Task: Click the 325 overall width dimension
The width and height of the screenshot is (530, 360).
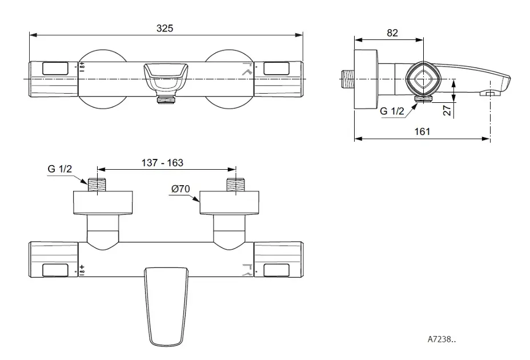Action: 164,28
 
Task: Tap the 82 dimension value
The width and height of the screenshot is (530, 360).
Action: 392,33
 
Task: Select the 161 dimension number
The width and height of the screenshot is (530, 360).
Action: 422,131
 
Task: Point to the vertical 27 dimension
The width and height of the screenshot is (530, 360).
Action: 447,110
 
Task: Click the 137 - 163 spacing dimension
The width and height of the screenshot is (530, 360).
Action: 162,163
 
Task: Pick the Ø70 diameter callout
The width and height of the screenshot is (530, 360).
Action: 180,189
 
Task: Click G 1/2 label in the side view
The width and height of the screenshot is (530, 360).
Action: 392,111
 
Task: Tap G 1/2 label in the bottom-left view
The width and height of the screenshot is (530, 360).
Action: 60,169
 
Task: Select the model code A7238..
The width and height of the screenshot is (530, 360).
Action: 441,339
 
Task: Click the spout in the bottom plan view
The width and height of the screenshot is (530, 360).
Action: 166,306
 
